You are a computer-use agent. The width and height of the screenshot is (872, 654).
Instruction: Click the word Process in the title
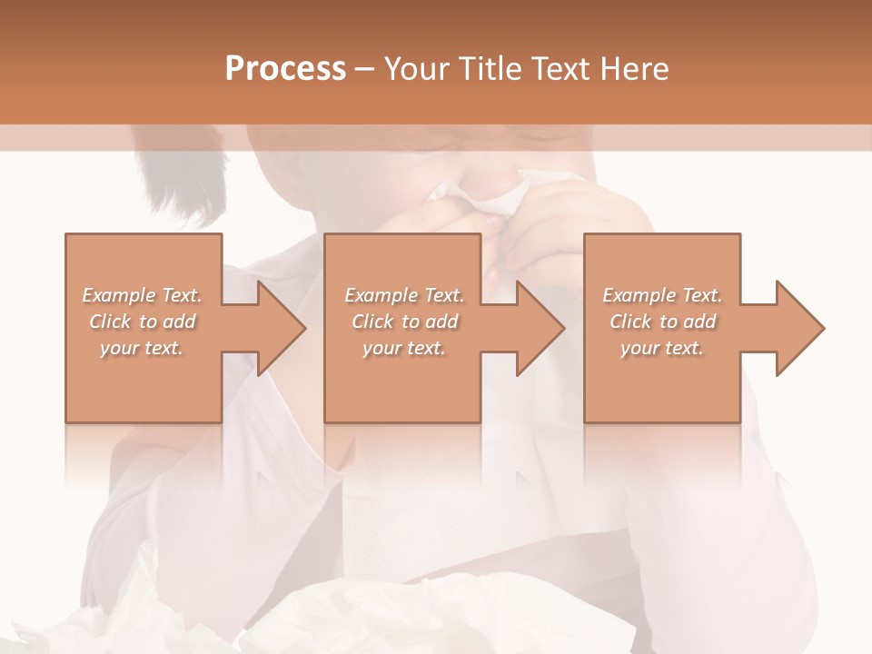285,69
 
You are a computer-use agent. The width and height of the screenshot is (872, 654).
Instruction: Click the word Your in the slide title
419,69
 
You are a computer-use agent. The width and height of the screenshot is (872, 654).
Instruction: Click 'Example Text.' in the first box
142,295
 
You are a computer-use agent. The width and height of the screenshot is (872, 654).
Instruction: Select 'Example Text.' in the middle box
403,295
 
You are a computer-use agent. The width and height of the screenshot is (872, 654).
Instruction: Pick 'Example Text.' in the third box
662,295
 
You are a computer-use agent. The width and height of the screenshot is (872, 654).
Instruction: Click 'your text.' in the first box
142,348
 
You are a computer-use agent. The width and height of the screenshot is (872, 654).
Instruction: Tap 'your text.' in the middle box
403,348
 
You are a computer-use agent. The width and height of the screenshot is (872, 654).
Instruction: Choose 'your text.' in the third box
662,348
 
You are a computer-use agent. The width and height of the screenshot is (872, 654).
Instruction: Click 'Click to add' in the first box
142,322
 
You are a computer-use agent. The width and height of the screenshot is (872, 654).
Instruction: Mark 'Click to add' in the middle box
403,322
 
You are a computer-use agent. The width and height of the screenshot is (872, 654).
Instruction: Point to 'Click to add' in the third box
662,322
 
